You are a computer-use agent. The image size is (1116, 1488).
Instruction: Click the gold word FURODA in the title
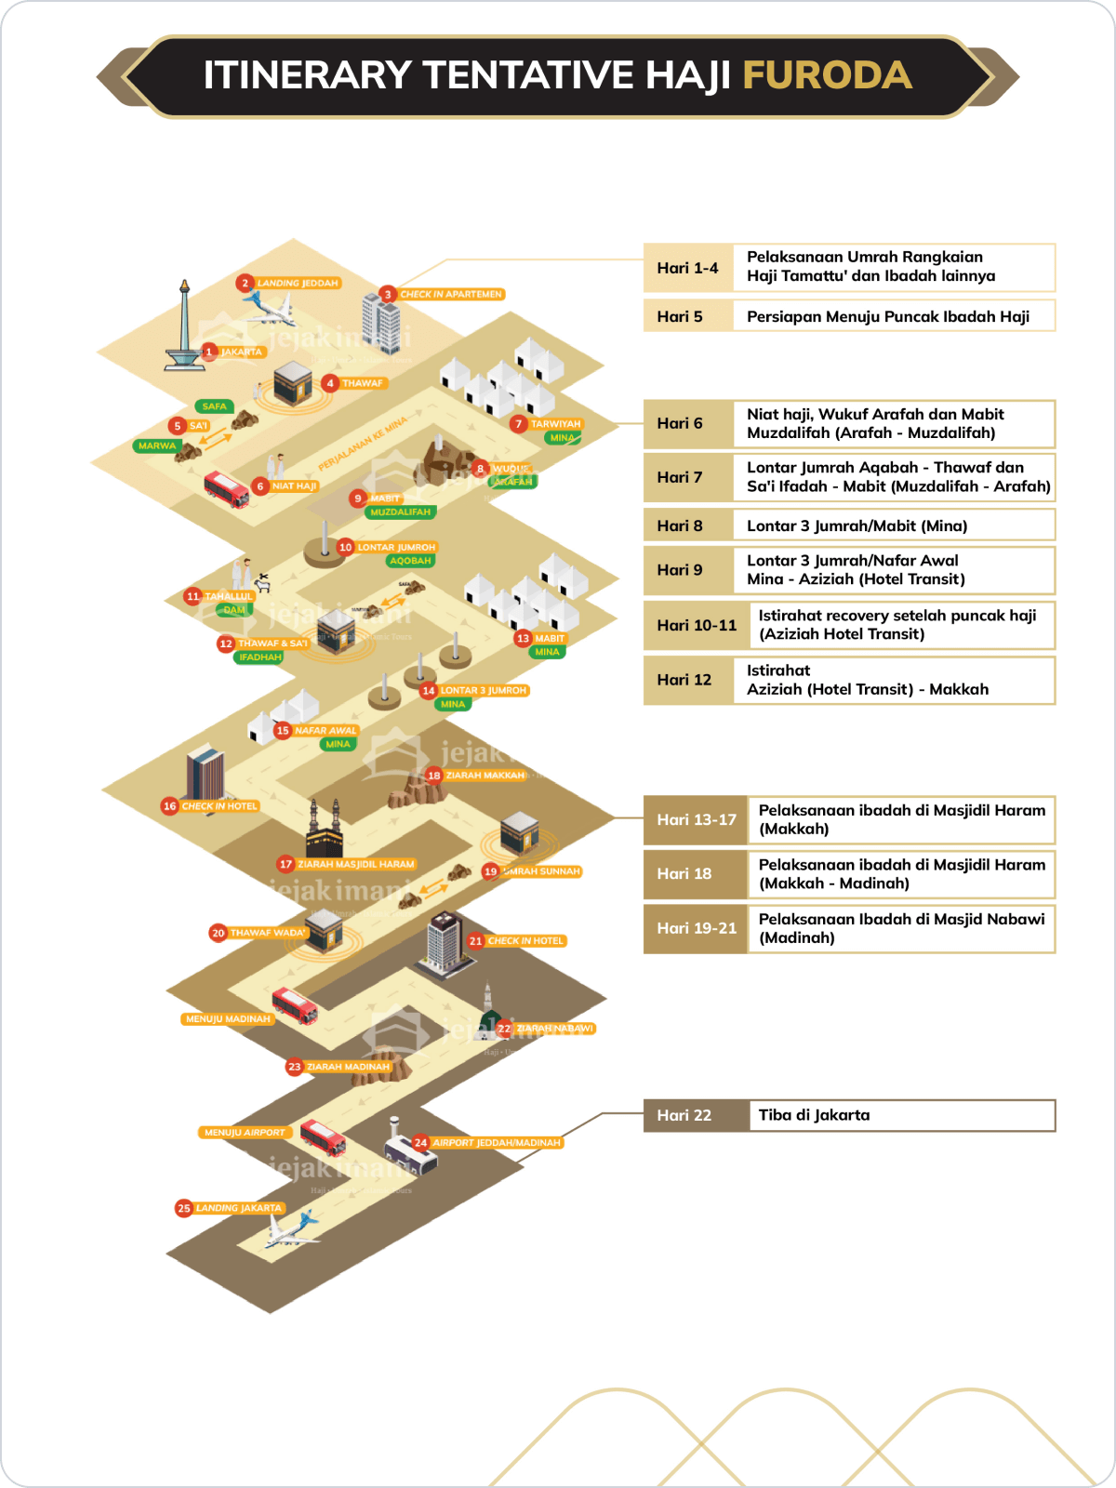click(827, 75)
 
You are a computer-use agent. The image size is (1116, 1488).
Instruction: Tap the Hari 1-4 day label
click(687, 268)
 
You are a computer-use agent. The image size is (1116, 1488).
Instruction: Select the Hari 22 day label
click(684, 1115)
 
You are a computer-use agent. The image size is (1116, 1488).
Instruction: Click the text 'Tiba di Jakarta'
click(814, 1115)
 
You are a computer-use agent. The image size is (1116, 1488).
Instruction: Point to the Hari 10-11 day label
click(696, 625)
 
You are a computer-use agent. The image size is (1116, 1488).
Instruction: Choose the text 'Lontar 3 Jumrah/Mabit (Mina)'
click(857, 525)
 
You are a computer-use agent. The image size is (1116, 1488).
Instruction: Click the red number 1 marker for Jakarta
click(209, 352)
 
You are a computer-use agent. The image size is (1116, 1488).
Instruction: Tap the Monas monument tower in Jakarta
click(184, 325)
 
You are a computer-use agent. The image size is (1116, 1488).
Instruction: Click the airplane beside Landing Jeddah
click(270, 307)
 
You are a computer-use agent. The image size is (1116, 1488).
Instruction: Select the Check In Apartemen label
click(451, 294)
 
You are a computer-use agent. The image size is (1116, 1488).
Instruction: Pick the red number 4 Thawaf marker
click(330, 383)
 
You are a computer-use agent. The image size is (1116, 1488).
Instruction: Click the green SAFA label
click(214, 406)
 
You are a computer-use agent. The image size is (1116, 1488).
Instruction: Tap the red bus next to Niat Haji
click(226, 489)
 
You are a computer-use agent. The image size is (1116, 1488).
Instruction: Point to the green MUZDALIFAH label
click(400, 512)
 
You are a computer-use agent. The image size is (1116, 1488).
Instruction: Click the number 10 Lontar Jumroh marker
click(346, 547)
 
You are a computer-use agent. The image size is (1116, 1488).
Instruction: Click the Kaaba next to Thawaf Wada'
click(325, 930)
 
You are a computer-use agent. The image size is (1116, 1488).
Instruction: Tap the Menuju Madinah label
click(228, 1019)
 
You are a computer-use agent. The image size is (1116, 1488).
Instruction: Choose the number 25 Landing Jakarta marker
click(184, 1208)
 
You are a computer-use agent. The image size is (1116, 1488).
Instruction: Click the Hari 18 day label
click(684, 873)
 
